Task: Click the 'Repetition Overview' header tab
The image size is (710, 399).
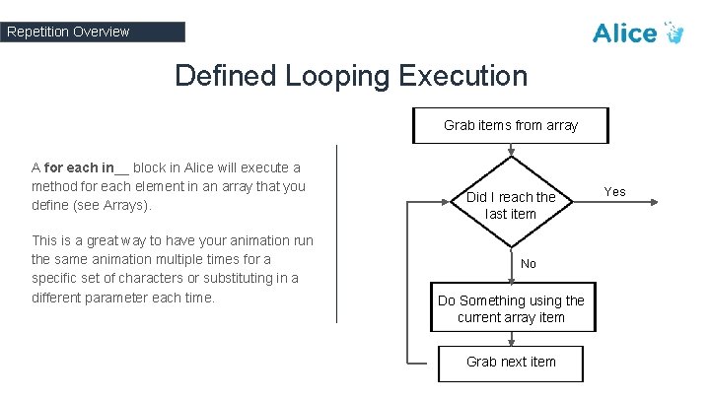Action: (93, 32)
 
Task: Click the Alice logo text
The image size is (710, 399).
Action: (624, 33)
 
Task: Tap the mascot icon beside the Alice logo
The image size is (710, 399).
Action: (674, 33)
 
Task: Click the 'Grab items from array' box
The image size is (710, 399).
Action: (511, 125)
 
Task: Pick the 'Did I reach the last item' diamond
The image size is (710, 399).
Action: (511, 204)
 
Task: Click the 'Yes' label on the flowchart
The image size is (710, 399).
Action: (614, 191)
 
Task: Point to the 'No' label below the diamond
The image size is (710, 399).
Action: (529, 264)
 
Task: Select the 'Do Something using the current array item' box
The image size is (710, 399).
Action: (511, 308)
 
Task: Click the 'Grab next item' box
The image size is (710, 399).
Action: (511, 362)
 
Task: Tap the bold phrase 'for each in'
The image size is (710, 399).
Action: (80, 167)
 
